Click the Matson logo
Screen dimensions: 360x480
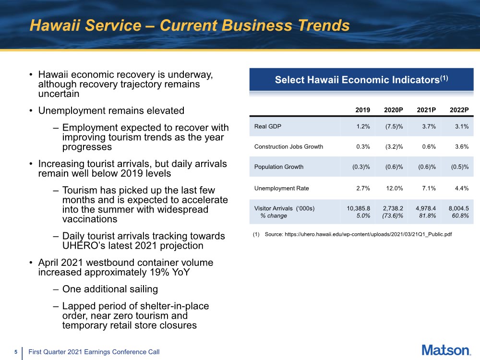pyautogui.click(x=446, y=350)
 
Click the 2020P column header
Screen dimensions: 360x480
pyautogui.click(x=394, y=110)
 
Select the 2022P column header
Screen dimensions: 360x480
pyautogui.click(x=459, y=110)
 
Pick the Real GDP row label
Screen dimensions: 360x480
pyautogui.click(x=268, y=126)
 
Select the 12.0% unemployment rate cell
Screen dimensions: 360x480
pyautogui.click(x=395, y=188)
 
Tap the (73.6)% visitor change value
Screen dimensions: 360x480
pyautogui.click(x=393, y=216)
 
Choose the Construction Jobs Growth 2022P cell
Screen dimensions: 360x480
pyautogui.click(x=461, y=147)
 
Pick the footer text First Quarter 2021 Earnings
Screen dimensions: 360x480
pyautogui.click(x=94, y=352)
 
